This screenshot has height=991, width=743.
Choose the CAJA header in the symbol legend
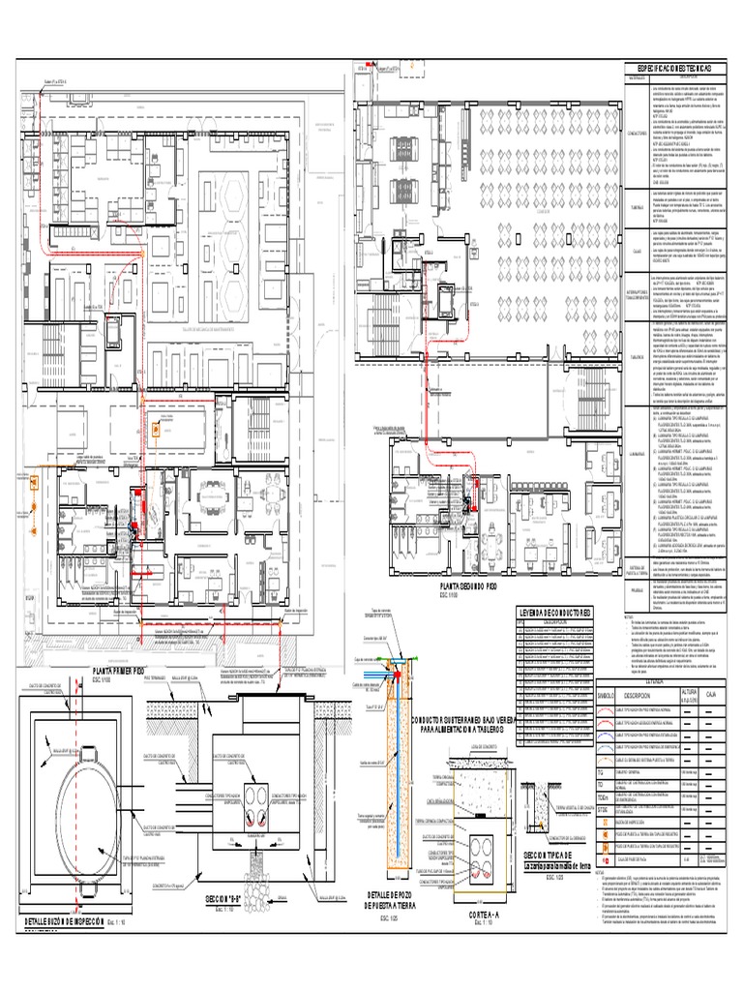710,695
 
